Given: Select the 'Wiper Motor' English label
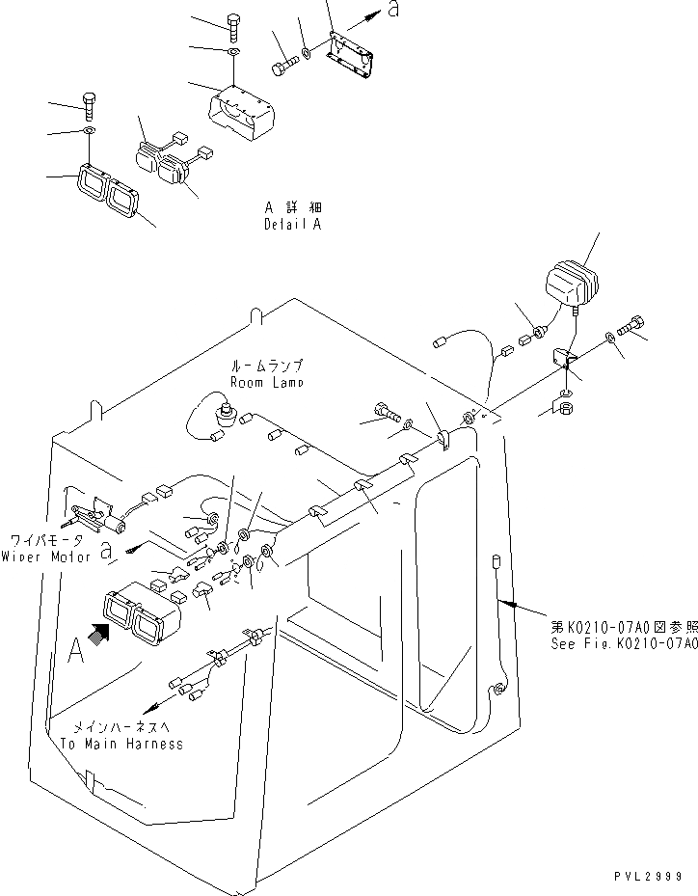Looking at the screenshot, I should coord(45,557).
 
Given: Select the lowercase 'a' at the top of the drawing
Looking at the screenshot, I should coord(391,11).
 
